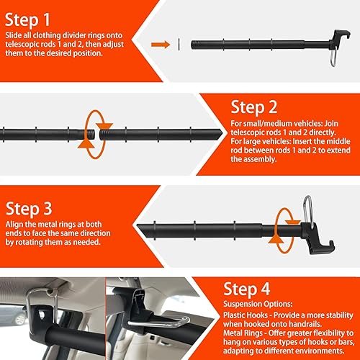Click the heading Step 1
pos(27,20)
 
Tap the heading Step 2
pos(254,107)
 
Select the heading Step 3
pos(29,209)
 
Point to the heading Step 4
pos(246,289)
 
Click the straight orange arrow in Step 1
pos(161,45)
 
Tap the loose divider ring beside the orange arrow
pos(179,45)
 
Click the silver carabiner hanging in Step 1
pos(333,57)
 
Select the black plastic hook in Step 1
pos(339,37)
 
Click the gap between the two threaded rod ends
pos(97,135)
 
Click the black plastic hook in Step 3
pos(317,239)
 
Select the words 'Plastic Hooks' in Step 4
pos(246,315)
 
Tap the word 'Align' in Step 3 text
pos(14,225)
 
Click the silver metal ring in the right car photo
pos(158,322)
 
